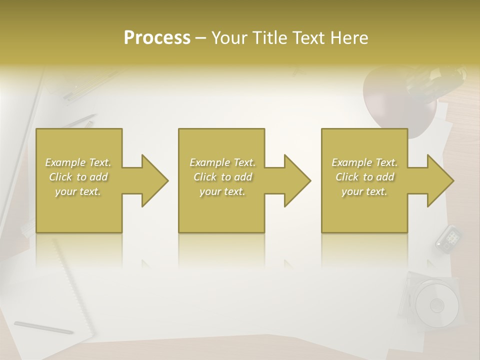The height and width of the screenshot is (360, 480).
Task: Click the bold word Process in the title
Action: click(157, 38)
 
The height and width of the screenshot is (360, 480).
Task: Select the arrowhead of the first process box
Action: click(154, 180)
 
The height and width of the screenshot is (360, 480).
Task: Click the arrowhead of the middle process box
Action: click(296, 180)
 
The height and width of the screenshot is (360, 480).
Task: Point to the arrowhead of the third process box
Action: click(439, 180)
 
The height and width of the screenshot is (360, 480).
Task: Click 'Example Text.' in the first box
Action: click(78, 162)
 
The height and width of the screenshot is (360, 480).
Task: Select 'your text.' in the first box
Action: click(78, 191)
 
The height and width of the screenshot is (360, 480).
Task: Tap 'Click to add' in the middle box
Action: click(222, 177)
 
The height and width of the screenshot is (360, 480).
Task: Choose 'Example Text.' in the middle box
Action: click(222, 162)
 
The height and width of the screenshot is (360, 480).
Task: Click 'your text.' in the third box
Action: click(364, 191)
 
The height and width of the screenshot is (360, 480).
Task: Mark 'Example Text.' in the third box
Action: click(364, 162)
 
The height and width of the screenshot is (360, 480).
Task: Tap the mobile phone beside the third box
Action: click(447, 237)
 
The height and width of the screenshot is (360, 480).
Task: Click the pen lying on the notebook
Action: click(43, 327)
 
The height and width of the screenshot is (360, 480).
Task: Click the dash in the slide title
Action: click(200, 38)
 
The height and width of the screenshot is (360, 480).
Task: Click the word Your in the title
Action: click(227, 38)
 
